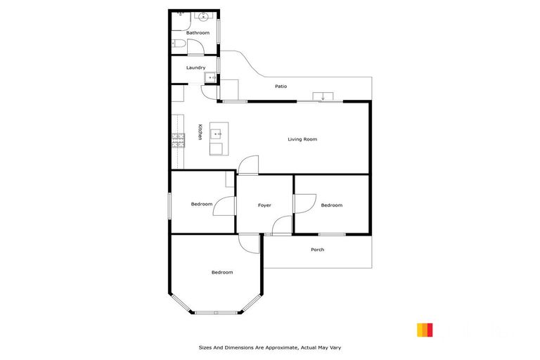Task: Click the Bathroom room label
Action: pos(198,33)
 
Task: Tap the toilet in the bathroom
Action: pos(179,46)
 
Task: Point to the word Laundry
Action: pos(195,67)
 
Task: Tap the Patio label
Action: pos(281,86)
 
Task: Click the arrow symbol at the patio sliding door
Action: pos(322,96)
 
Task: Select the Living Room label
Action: pos(302,139)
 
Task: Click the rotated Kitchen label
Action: pos(200,132)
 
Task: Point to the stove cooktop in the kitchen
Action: pos(178,141)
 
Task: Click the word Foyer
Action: pos(264,205)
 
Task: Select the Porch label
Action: pos(317,250)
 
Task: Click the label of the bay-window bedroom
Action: pos(222,272)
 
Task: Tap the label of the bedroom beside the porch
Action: pos(331,205)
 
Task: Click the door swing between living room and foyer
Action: pos(247,165)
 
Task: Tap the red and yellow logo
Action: pos(424,330)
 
